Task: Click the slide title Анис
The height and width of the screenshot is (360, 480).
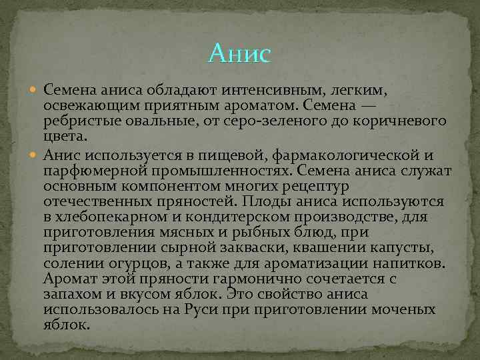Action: tap(239, 53)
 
